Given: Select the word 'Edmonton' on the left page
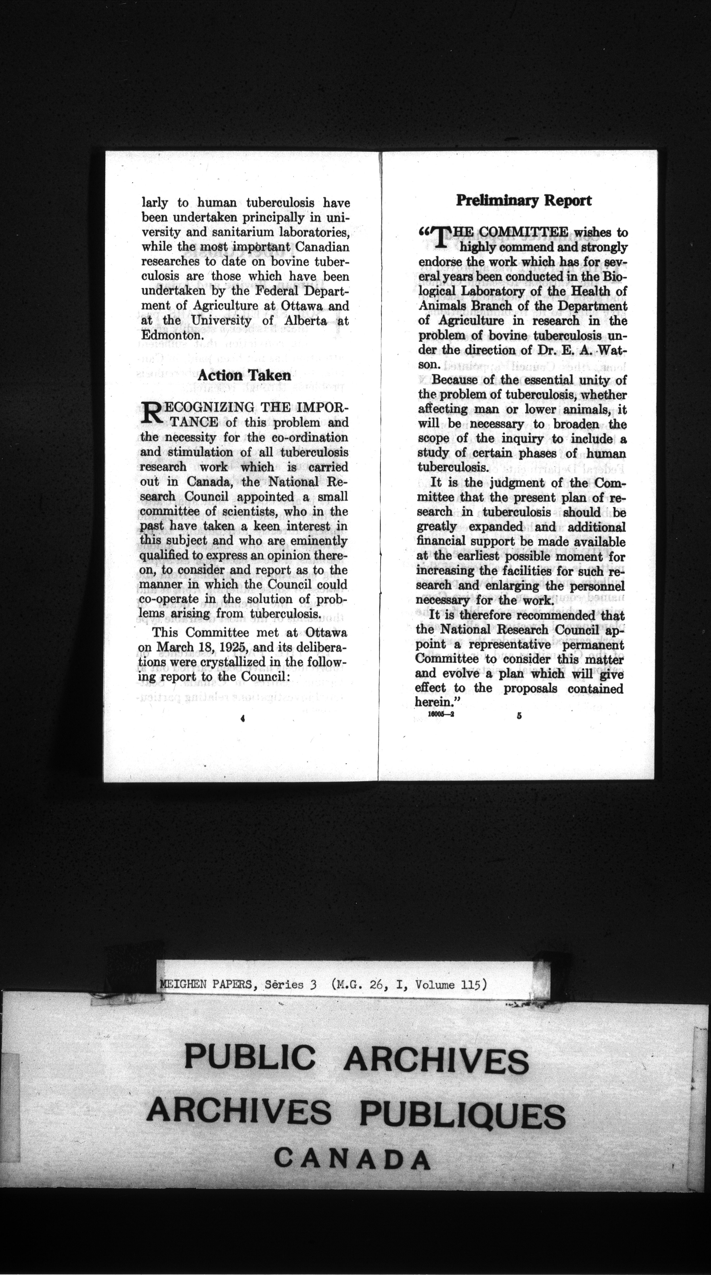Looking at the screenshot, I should tap(170, 335).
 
